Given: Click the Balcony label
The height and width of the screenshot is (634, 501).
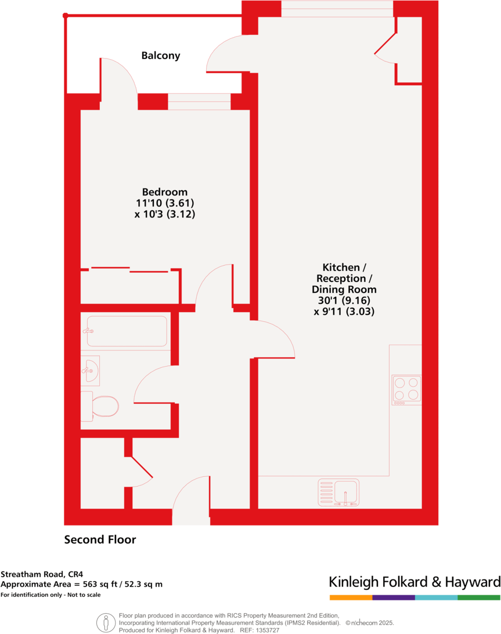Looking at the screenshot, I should pos(161,56).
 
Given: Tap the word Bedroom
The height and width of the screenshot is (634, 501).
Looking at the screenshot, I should pos(165,192).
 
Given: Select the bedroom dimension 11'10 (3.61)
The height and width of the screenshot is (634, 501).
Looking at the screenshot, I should pos(165,203).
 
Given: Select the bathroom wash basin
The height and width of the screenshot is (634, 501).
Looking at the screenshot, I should pos(91,369).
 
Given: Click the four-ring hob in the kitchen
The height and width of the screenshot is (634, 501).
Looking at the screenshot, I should pos(406,389).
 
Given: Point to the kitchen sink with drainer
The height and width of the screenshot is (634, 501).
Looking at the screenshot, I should pos(338,492).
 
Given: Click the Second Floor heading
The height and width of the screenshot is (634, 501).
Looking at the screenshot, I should pos(100,540).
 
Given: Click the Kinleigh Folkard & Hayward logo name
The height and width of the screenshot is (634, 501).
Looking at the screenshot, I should pos(415,582).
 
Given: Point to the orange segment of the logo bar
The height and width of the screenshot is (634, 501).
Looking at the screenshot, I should pos(351,597).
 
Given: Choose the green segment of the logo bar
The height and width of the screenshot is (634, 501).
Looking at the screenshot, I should pos(479,597).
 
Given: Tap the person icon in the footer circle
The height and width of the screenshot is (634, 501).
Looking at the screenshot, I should pos(106,623).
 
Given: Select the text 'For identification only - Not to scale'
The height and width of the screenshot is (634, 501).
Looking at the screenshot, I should pos(51,595).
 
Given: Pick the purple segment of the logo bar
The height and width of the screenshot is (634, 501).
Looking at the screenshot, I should pos(394,597).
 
